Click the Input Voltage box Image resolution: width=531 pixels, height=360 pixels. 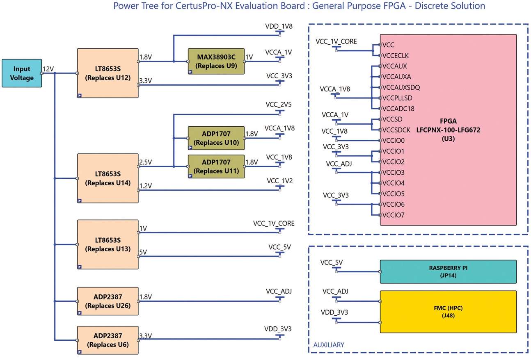tap(22, 73)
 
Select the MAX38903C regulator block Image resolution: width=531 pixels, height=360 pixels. tap(216, 61)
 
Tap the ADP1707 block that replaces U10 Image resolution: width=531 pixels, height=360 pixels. tap(216, 138)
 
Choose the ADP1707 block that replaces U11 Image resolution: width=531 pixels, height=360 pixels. tap(216, 166)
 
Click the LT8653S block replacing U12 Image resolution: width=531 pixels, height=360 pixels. tap(108, 73)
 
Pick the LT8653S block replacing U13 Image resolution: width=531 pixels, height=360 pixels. tap(108, 244)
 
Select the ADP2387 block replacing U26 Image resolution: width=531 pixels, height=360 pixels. tap(108, 301)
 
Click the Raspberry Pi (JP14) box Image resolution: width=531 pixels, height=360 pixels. tap(448, 271)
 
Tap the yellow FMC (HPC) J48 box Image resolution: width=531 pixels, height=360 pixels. tap(448, 312)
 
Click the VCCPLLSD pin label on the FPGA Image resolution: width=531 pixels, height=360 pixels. tap(398, 98)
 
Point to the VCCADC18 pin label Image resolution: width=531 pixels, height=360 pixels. tap(398, 109)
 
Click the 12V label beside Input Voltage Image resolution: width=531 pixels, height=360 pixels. tap(48, 69)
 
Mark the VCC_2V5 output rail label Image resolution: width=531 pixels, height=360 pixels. tap(279, 104)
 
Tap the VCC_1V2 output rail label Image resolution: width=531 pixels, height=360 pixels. tap(279, 181)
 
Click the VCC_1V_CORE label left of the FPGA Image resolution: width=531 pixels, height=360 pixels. tap(336, 41)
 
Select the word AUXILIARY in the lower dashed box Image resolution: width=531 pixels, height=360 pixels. tap(329, 345)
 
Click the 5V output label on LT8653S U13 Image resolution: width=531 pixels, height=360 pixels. tap(143, 252)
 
